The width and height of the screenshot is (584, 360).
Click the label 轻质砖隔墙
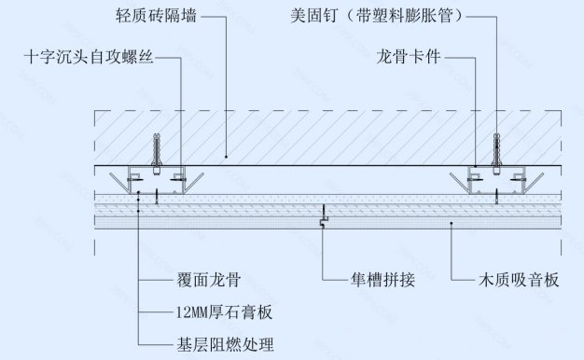tap(157, 17)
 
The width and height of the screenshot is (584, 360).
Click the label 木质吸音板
tap(518, 279)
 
